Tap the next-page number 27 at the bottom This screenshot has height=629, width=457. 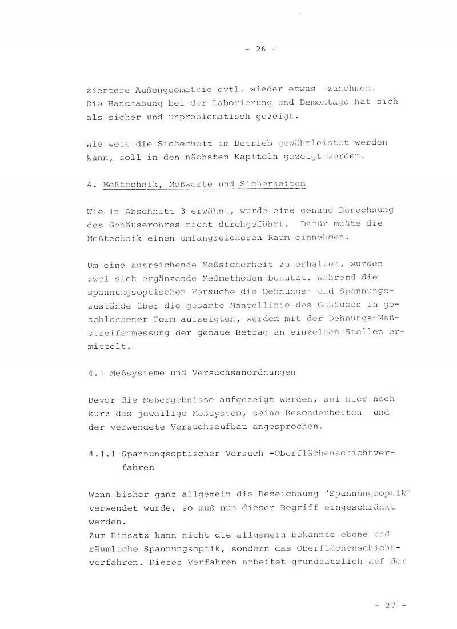[x=390, y=606]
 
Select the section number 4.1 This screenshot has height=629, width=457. [x=95, y=372]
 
